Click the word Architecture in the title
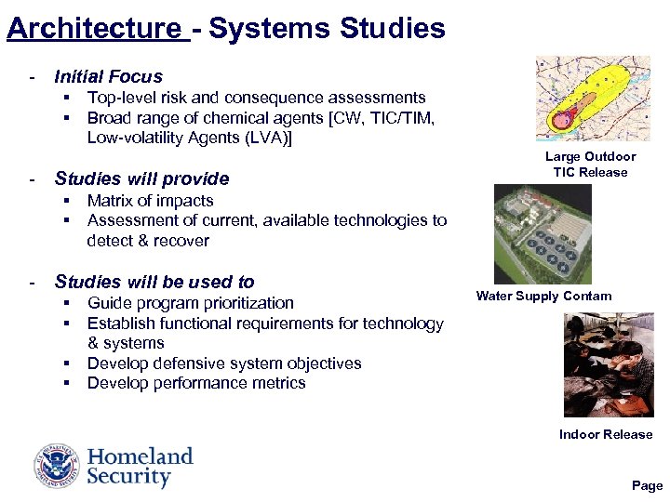93,28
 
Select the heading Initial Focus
108,77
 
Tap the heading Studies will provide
141,178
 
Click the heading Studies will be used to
154,282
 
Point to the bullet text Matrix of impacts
150,201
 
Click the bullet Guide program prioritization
190,303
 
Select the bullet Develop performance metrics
195,383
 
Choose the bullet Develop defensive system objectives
223,363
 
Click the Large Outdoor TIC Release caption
590,165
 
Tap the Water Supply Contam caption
543,297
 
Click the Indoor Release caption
606,434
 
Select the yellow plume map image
593,98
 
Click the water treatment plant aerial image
542,234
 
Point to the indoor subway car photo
609,364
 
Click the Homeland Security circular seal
58,466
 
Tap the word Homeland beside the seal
140,456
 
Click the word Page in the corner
647,485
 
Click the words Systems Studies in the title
327,28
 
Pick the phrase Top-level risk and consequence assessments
256,98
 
